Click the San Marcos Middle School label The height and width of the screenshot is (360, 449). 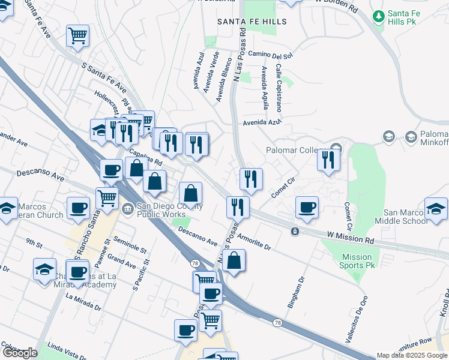[x=407, y=217]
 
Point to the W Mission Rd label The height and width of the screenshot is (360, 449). [x=351, y=238]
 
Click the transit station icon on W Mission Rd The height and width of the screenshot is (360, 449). [x=295, y=232]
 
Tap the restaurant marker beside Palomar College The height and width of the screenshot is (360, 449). [x=328, y=160]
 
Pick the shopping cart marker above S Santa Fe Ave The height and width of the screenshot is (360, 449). [x=77, y=36]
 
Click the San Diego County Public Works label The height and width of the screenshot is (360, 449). [x=169, y=211]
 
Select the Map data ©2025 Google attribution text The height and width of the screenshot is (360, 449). [x=412, y=355]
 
